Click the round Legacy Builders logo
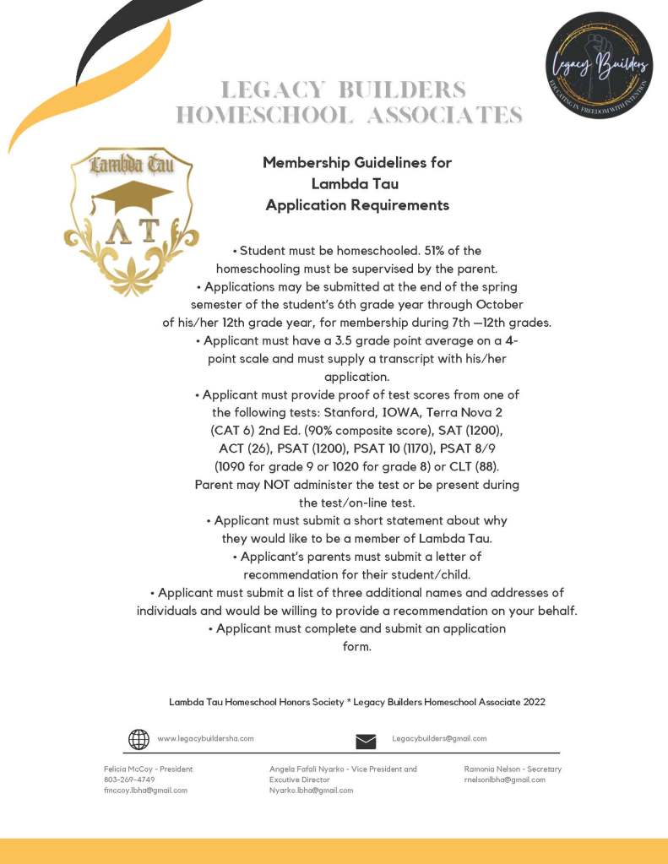coord(599,65)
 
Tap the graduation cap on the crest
coord(132,197)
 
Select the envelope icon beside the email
coord(366,742)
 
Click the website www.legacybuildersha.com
coord(205,738)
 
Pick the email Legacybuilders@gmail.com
coord(439,738)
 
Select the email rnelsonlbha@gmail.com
coord(504,780)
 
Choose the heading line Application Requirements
coord(357,205)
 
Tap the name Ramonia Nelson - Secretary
coord(513,769)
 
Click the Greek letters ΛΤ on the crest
coord(132,232)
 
